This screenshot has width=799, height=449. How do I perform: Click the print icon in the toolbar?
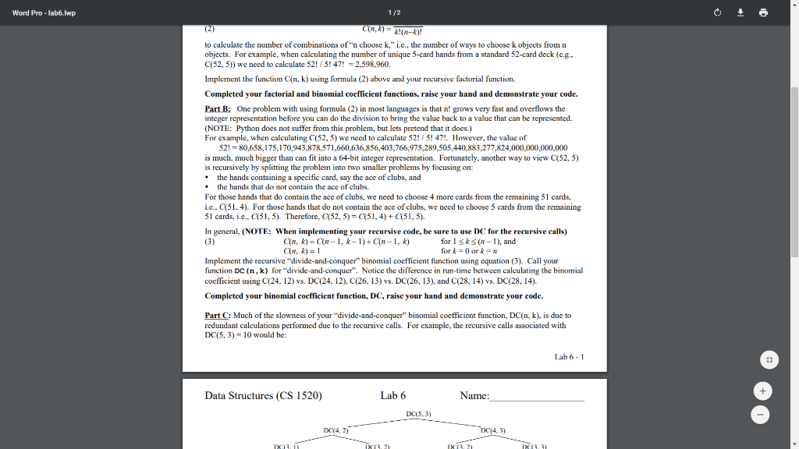(763, 12)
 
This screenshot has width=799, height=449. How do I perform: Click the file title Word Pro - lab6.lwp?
(44, 12)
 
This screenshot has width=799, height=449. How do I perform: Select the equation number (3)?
(209, 242)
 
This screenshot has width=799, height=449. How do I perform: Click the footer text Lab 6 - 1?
(569, 357)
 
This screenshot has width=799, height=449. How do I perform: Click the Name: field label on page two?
(474, 396)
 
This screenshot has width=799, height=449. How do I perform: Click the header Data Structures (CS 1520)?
(263, 396)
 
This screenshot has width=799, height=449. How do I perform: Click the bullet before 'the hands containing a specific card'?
(207, 178)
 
